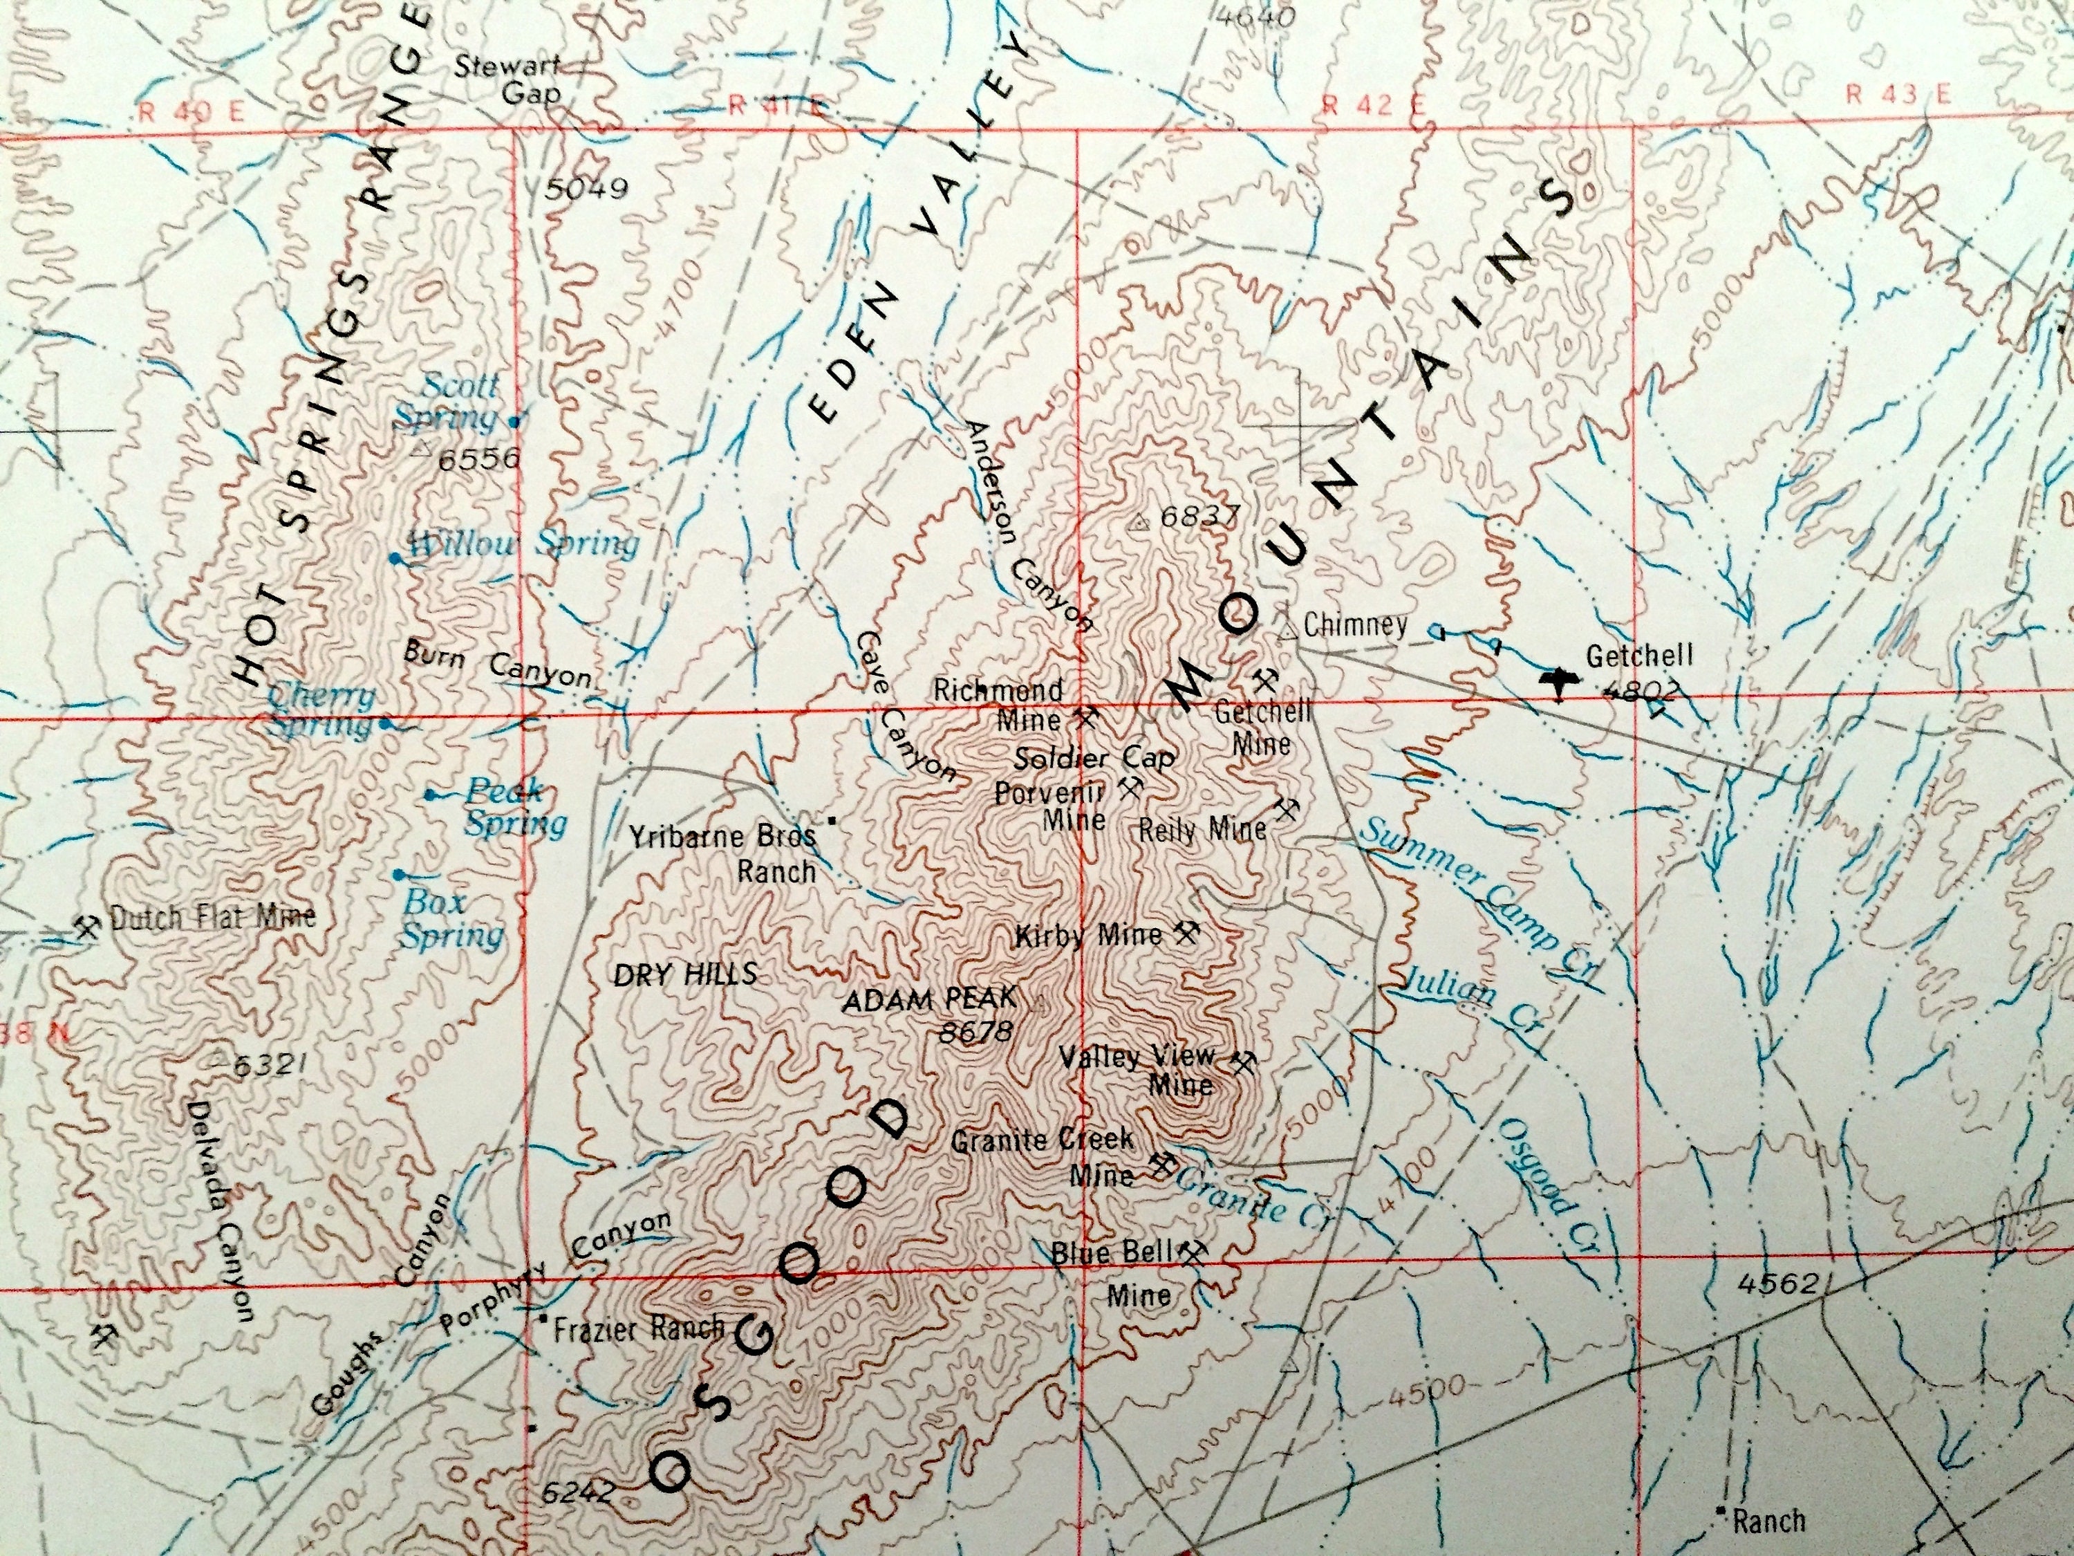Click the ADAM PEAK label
click(x=929, y=1001)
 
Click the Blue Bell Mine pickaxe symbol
click(x=1193, y=1251)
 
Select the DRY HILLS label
click(x=684, y=974)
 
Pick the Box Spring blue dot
click(x=400, y=874)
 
